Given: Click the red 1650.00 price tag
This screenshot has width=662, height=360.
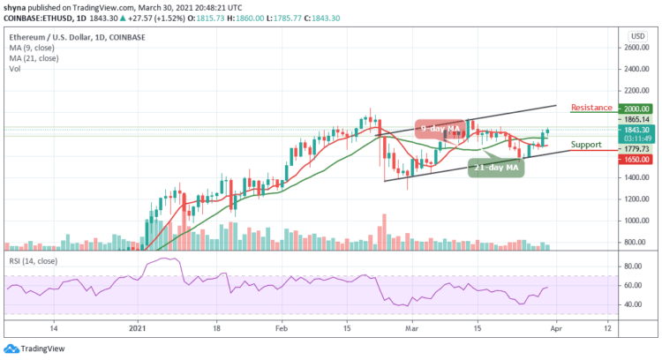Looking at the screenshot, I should tap(634, 159).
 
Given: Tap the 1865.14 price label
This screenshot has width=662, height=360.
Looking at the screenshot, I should tap(634, 119).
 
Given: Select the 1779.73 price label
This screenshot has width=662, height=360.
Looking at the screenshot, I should tap(634, 149).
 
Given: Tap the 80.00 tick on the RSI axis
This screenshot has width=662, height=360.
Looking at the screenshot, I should tap(632, 266).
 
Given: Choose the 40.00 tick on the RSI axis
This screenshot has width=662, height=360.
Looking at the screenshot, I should tap(632, 304).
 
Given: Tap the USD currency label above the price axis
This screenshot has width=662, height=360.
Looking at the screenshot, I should tap(634, 36).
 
